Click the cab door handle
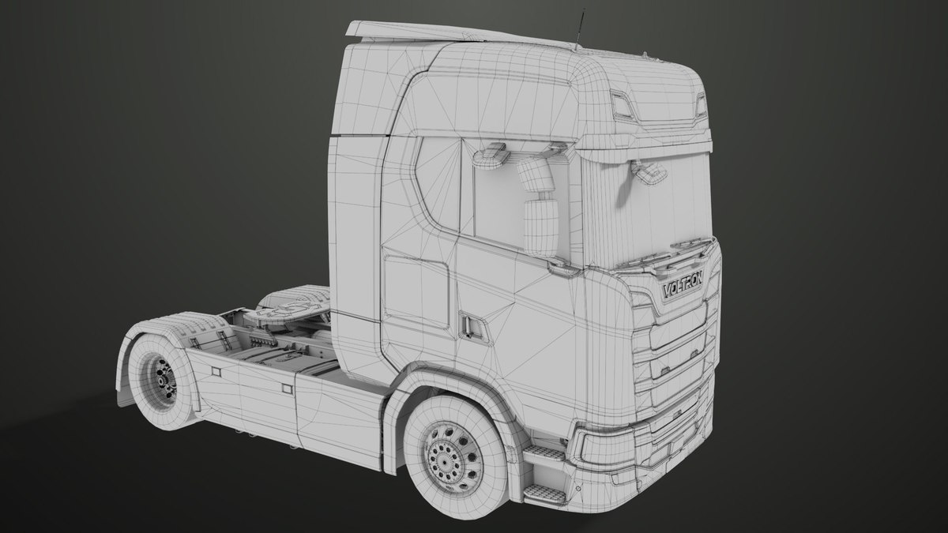472,326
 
